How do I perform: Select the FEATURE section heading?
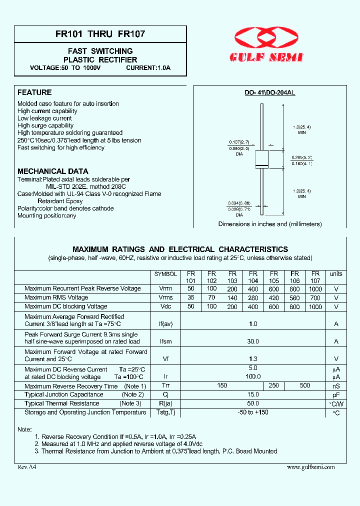pos(34,92)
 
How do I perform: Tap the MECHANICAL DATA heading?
pos(53,171)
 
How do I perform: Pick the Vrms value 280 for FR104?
pos(253,297)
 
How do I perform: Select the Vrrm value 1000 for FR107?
pos(315,288)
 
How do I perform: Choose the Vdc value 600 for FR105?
pos(273,306)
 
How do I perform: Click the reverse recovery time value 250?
pos(274,385)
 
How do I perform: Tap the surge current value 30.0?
pos(253,341)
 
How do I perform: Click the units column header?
pos(336,274)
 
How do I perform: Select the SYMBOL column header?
pos(165,274)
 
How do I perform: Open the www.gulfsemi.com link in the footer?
pos(310,467)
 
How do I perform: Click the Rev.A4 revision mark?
pos(27,467)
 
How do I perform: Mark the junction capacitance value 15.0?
pos(253,394)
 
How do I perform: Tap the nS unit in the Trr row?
pos(336,386)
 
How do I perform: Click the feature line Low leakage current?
pos(44,118)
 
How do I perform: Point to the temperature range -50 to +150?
pos(253,412)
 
